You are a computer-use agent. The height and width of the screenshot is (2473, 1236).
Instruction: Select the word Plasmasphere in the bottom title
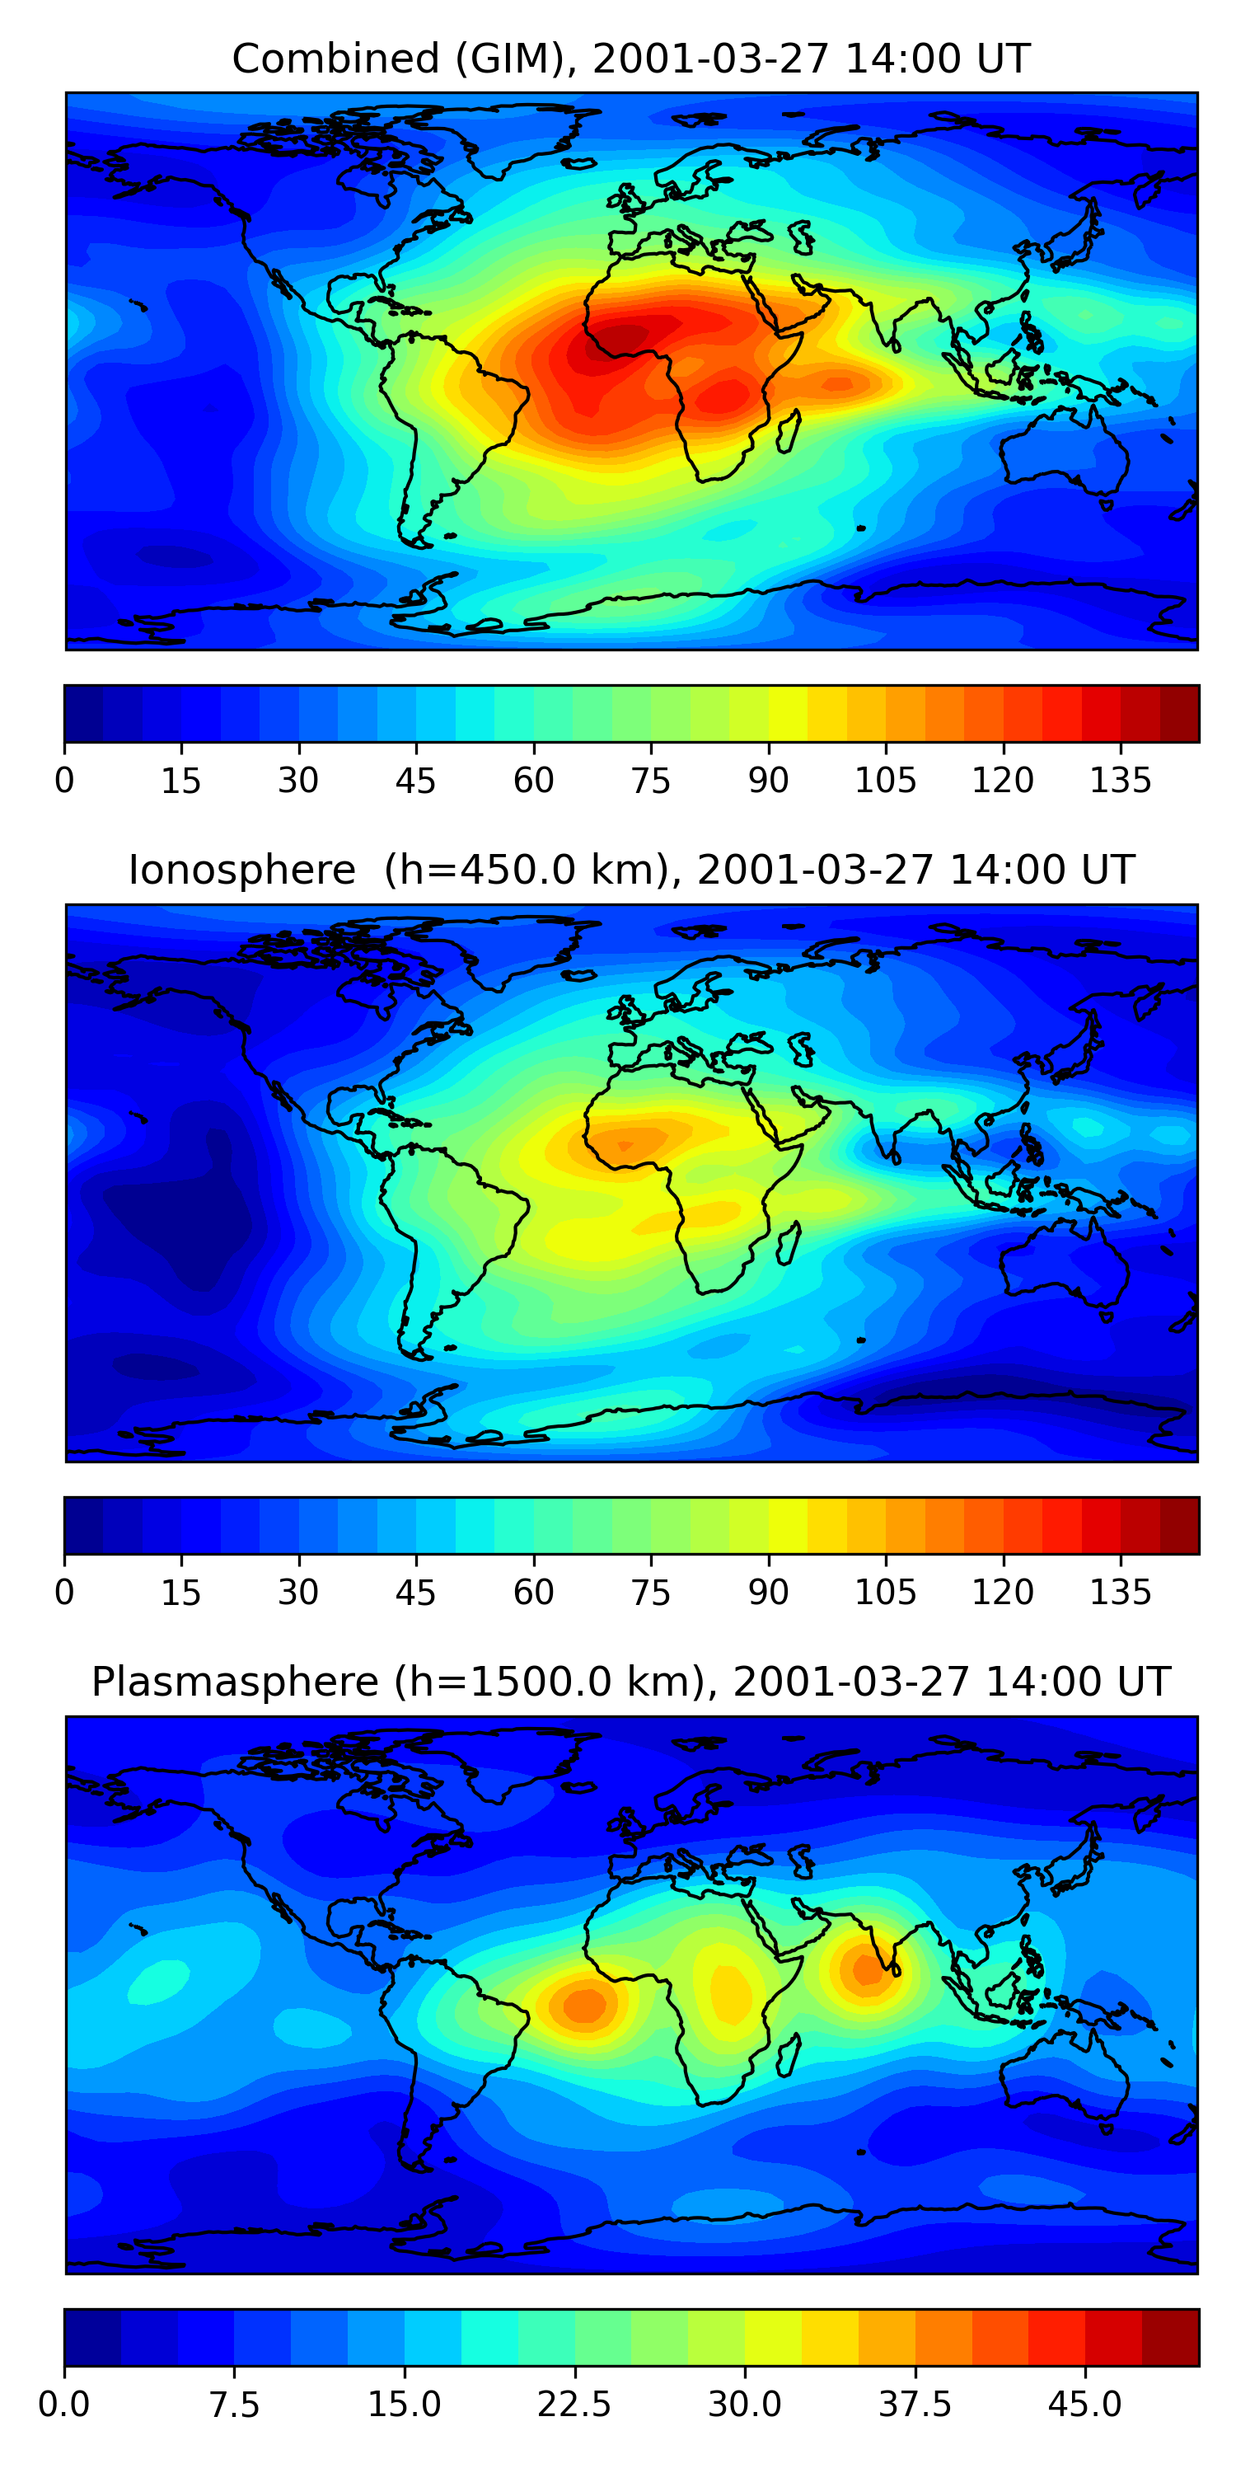pyautogui.click(x=235, y=1682)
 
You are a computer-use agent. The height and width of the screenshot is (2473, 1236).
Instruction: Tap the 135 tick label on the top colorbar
pyautogui.click(x=1120, y=781)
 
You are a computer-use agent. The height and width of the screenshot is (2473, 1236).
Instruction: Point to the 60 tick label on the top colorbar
pyautogui.click(x=534, y=781)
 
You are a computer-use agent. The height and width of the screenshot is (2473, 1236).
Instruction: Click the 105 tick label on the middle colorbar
pyautogui.click(x=885, y=1593)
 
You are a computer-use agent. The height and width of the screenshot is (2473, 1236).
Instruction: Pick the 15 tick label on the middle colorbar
pyautogui.click(x=180, y=1593)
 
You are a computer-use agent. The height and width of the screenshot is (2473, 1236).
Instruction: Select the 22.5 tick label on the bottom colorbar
pyautogui.click(x=574, y=2405)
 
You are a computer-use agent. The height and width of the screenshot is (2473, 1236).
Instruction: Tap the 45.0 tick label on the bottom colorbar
pyautogui.click(x=1085, y=2405)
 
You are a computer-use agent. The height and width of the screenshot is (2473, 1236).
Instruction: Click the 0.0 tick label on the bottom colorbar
pyautogui.click(x=64, y=2405)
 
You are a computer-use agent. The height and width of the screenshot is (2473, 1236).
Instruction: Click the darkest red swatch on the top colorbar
pyautogui.click(x=1179, y=713)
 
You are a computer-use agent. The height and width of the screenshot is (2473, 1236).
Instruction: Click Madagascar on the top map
pyautogui.click(x=789, y=431)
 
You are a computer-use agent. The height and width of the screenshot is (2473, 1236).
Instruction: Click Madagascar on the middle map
pyautogui.click(x=789, y=1243)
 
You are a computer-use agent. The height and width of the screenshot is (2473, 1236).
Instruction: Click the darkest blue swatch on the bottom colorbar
pyautogui.click(x=92, y=2337)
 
